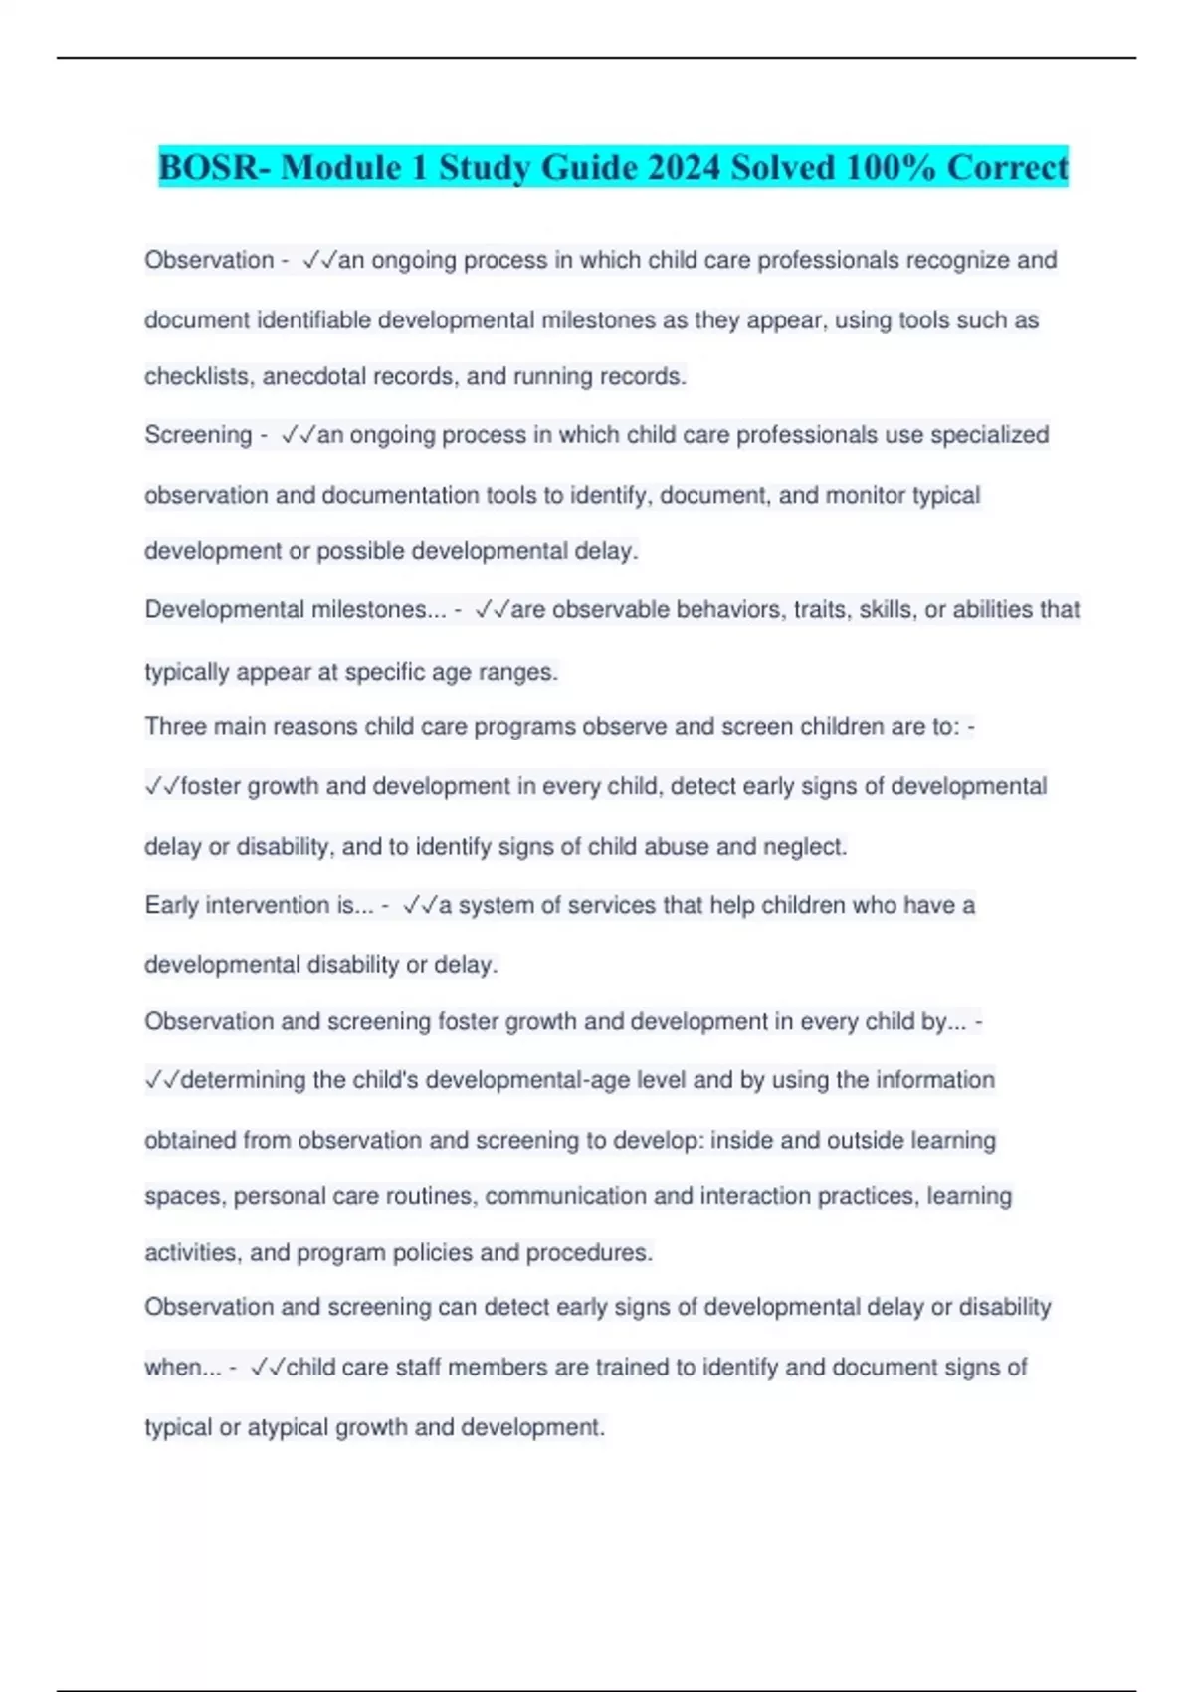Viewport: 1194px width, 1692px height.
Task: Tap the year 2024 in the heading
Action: [683, 167]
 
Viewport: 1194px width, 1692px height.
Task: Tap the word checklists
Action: [198, 377]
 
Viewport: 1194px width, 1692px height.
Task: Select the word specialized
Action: [989, 435]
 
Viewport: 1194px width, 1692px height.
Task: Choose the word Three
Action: [175, 727]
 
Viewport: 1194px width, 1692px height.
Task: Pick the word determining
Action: [243, 1080]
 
